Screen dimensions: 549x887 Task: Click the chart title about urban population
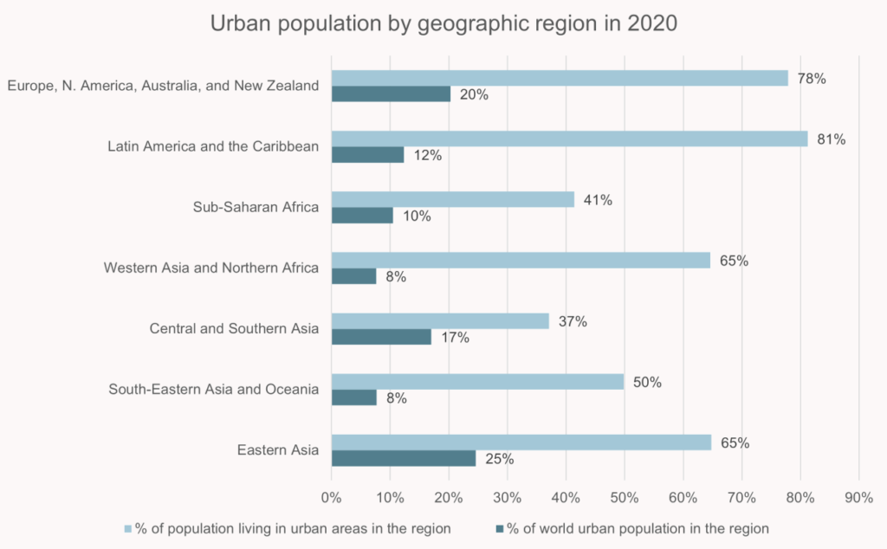[x=443, y=23]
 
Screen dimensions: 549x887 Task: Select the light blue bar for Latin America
[x=569, y=139]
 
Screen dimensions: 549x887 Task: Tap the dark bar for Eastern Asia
[x=404, y=458]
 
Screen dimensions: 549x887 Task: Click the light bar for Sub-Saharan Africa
[x=452, y=199]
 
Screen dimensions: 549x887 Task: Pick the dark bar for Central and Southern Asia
[x=381, y=337]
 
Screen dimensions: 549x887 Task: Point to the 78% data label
[x=812, y=79]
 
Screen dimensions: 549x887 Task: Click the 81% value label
[x=832, y=139]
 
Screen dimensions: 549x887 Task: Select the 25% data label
[x=500, y=459]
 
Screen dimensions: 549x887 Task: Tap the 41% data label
[x=598, y=200]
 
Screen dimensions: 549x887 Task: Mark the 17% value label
[x=455, y=338]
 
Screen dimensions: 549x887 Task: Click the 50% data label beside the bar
[x=647, y=382]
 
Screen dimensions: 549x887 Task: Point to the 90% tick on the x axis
[x=858, y=497]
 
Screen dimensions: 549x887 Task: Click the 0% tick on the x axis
[x=331, y=497]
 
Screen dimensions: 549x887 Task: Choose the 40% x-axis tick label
[x=566, y=497]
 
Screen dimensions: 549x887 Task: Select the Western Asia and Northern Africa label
[x=211, y=268]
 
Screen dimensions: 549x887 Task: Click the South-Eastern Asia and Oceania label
[x=214, y=389]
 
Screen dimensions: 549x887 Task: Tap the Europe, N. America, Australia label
[x=163, y=86]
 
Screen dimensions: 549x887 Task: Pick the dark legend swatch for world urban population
[x=500, y=527]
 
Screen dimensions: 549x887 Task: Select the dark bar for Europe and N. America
[x=391, y=94]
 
